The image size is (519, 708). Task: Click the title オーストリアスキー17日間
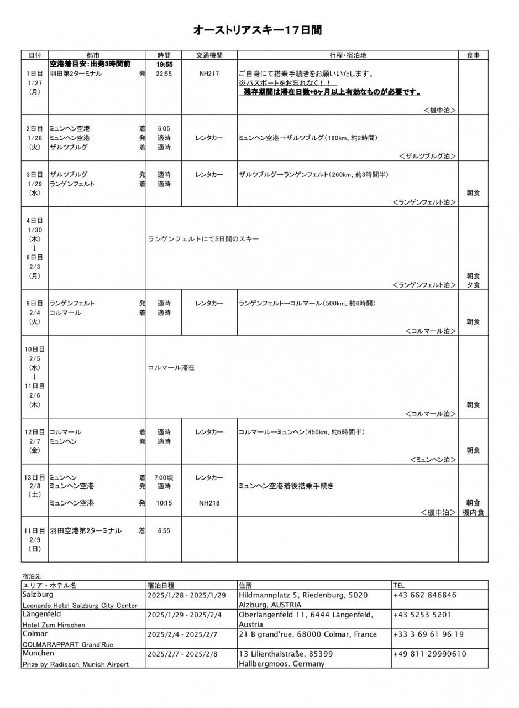(257, 30)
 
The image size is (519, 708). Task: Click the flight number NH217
(209, 74)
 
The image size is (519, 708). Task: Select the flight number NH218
(209, 503)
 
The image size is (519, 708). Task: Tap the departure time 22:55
(164, 74)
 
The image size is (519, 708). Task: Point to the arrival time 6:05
(164, 128)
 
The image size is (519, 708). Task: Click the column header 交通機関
(209, 55)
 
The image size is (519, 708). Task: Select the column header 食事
(473, 55)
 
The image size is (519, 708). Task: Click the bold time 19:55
(164, 64)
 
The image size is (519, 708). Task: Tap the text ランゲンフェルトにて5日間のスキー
(203, 239)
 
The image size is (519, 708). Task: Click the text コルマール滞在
(171, 367)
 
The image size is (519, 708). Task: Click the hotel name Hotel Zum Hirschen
(54, 625)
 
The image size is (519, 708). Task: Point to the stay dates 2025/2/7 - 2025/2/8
(182, 654)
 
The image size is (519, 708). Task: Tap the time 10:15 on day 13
(164, 503)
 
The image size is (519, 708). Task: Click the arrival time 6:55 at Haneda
(164, 531)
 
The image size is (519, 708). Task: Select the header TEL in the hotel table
(399, 585)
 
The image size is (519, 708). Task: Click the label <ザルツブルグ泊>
(427, 157)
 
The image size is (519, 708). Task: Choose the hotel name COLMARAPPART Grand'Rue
(67, 644)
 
